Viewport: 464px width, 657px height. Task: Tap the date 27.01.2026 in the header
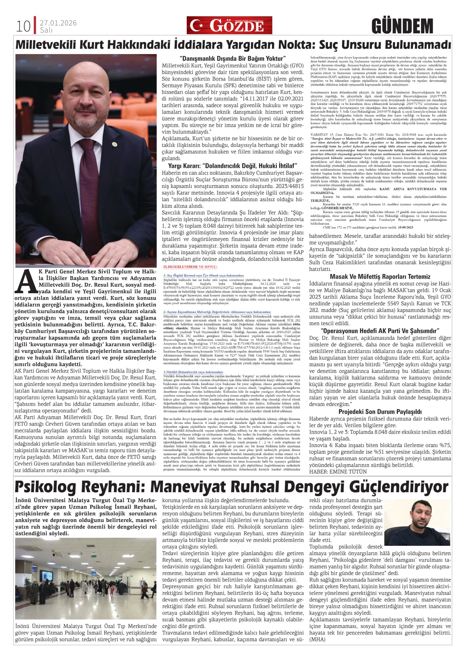click(58, 23)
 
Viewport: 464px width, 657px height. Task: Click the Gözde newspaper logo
click(229, 25)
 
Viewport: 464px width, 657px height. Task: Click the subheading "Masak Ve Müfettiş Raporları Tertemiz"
click(380, 276)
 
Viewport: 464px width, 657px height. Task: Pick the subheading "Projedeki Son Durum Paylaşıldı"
click(380, 412)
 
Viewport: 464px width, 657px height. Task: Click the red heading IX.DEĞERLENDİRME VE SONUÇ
click(190, 266)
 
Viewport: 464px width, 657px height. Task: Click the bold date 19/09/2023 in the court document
click(405, 227)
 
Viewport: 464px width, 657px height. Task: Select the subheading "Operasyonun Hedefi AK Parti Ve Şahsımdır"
click(380, 331)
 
